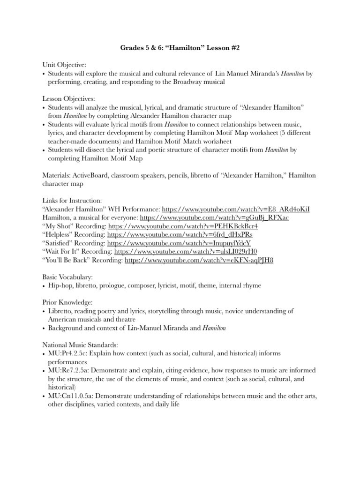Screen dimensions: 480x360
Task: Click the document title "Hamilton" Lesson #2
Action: pos(180,47)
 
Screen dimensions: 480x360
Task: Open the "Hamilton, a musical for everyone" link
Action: pos(214,217)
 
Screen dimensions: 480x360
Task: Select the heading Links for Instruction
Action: pos(71,200)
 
